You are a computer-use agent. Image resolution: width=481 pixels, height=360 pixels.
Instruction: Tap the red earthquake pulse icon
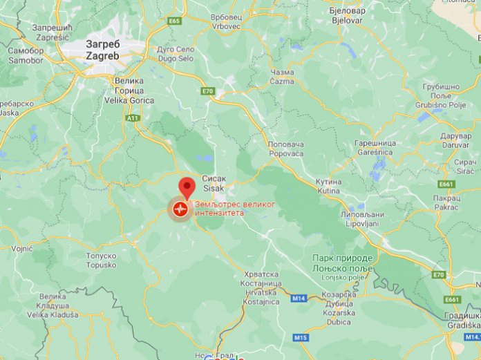[180, 208]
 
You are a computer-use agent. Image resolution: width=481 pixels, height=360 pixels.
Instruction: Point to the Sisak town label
[211, 182]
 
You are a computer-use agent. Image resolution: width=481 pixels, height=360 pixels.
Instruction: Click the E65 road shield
[173, 21]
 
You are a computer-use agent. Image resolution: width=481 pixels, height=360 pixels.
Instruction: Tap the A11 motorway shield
[133, 118]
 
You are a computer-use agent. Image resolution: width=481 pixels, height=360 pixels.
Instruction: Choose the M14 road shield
[298, 298]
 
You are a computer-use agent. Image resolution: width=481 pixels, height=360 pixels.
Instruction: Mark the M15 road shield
[300, 337]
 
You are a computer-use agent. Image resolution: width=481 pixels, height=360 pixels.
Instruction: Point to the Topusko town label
[102, 260]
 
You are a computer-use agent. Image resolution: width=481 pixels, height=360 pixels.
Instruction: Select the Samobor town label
[26, 55]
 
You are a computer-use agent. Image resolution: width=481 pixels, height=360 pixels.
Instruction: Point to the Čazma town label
[283, 76]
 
